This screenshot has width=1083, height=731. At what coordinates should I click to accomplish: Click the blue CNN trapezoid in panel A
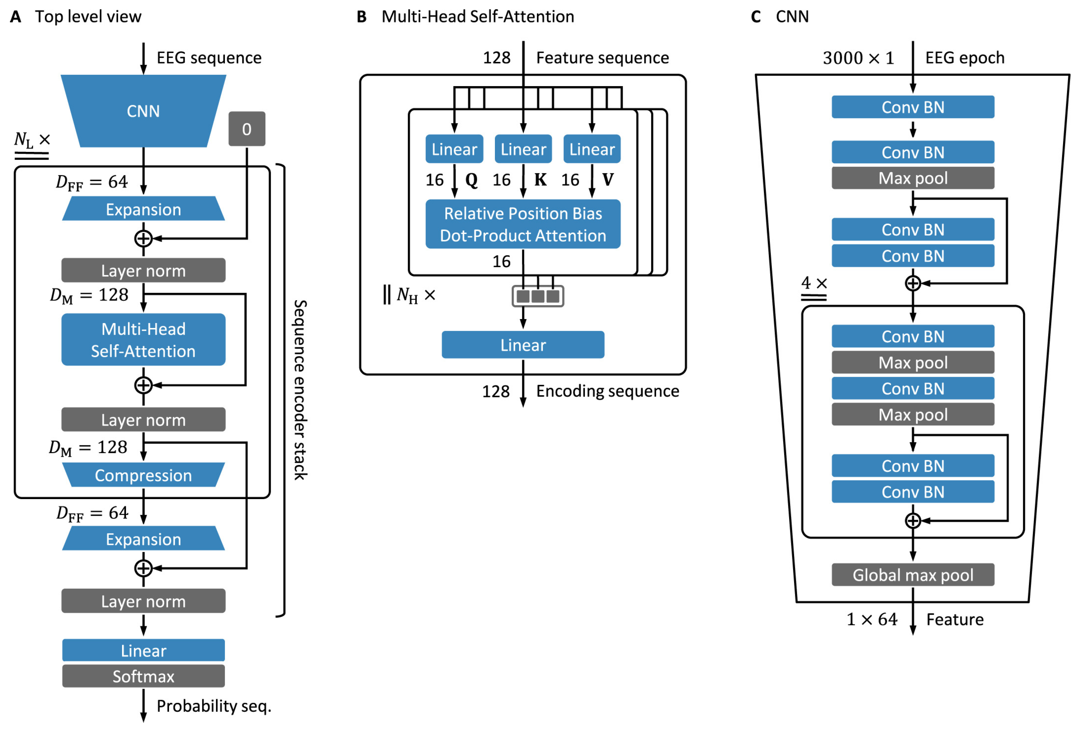[143, 111]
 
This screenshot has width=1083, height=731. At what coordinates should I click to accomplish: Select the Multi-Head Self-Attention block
[143, 340]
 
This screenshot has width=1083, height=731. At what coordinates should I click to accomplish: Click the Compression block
[143, 475]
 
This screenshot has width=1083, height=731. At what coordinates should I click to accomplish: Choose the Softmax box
[143, 676]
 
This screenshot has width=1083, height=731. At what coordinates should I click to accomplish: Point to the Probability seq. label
[213, 705]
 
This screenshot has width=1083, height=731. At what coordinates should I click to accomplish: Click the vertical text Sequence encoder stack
[300, 390]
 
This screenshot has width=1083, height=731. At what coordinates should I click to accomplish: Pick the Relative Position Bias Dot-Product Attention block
[523, 224]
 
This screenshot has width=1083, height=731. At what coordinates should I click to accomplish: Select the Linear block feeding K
[523, 149]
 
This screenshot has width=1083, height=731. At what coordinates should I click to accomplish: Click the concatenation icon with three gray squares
[538, 296]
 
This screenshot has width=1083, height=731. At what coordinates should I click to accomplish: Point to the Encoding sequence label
[607, 391]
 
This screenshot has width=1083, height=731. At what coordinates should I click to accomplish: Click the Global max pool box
[913, 574]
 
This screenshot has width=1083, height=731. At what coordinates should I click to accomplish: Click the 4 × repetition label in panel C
[814, 283]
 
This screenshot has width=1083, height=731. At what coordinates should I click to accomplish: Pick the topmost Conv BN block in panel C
[913, 107]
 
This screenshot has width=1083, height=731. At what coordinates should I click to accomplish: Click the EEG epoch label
[965, 58]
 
